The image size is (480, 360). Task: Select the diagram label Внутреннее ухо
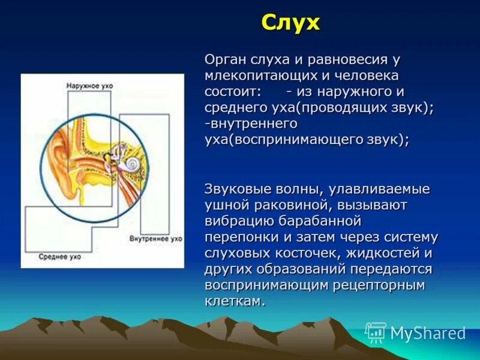coord(155,239)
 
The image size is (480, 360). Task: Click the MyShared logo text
coord(428,333)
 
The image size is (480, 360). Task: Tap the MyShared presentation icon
coord(376,332)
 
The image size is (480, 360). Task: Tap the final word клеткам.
coord(235,301)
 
